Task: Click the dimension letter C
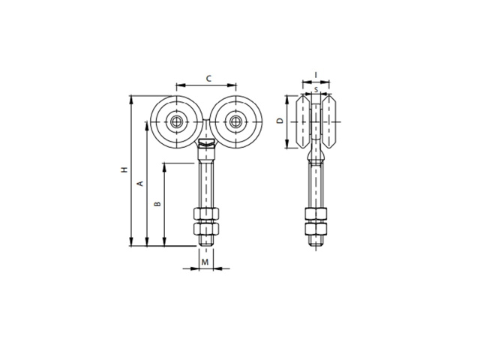coord(208,79)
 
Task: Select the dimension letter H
coord(124,169)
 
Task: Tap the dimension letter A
coord(140,184)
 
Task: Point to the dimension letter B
coord(157,203)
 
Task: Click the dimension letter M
coord(205,262)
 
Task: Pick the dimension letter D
coord(280,121)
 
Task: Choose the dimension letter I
coord(316,75)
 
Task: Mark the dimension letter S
coord(316,90)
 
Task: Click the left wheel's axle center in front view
coord(177,121)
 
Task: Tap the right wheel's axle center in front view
coord(235,121)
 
